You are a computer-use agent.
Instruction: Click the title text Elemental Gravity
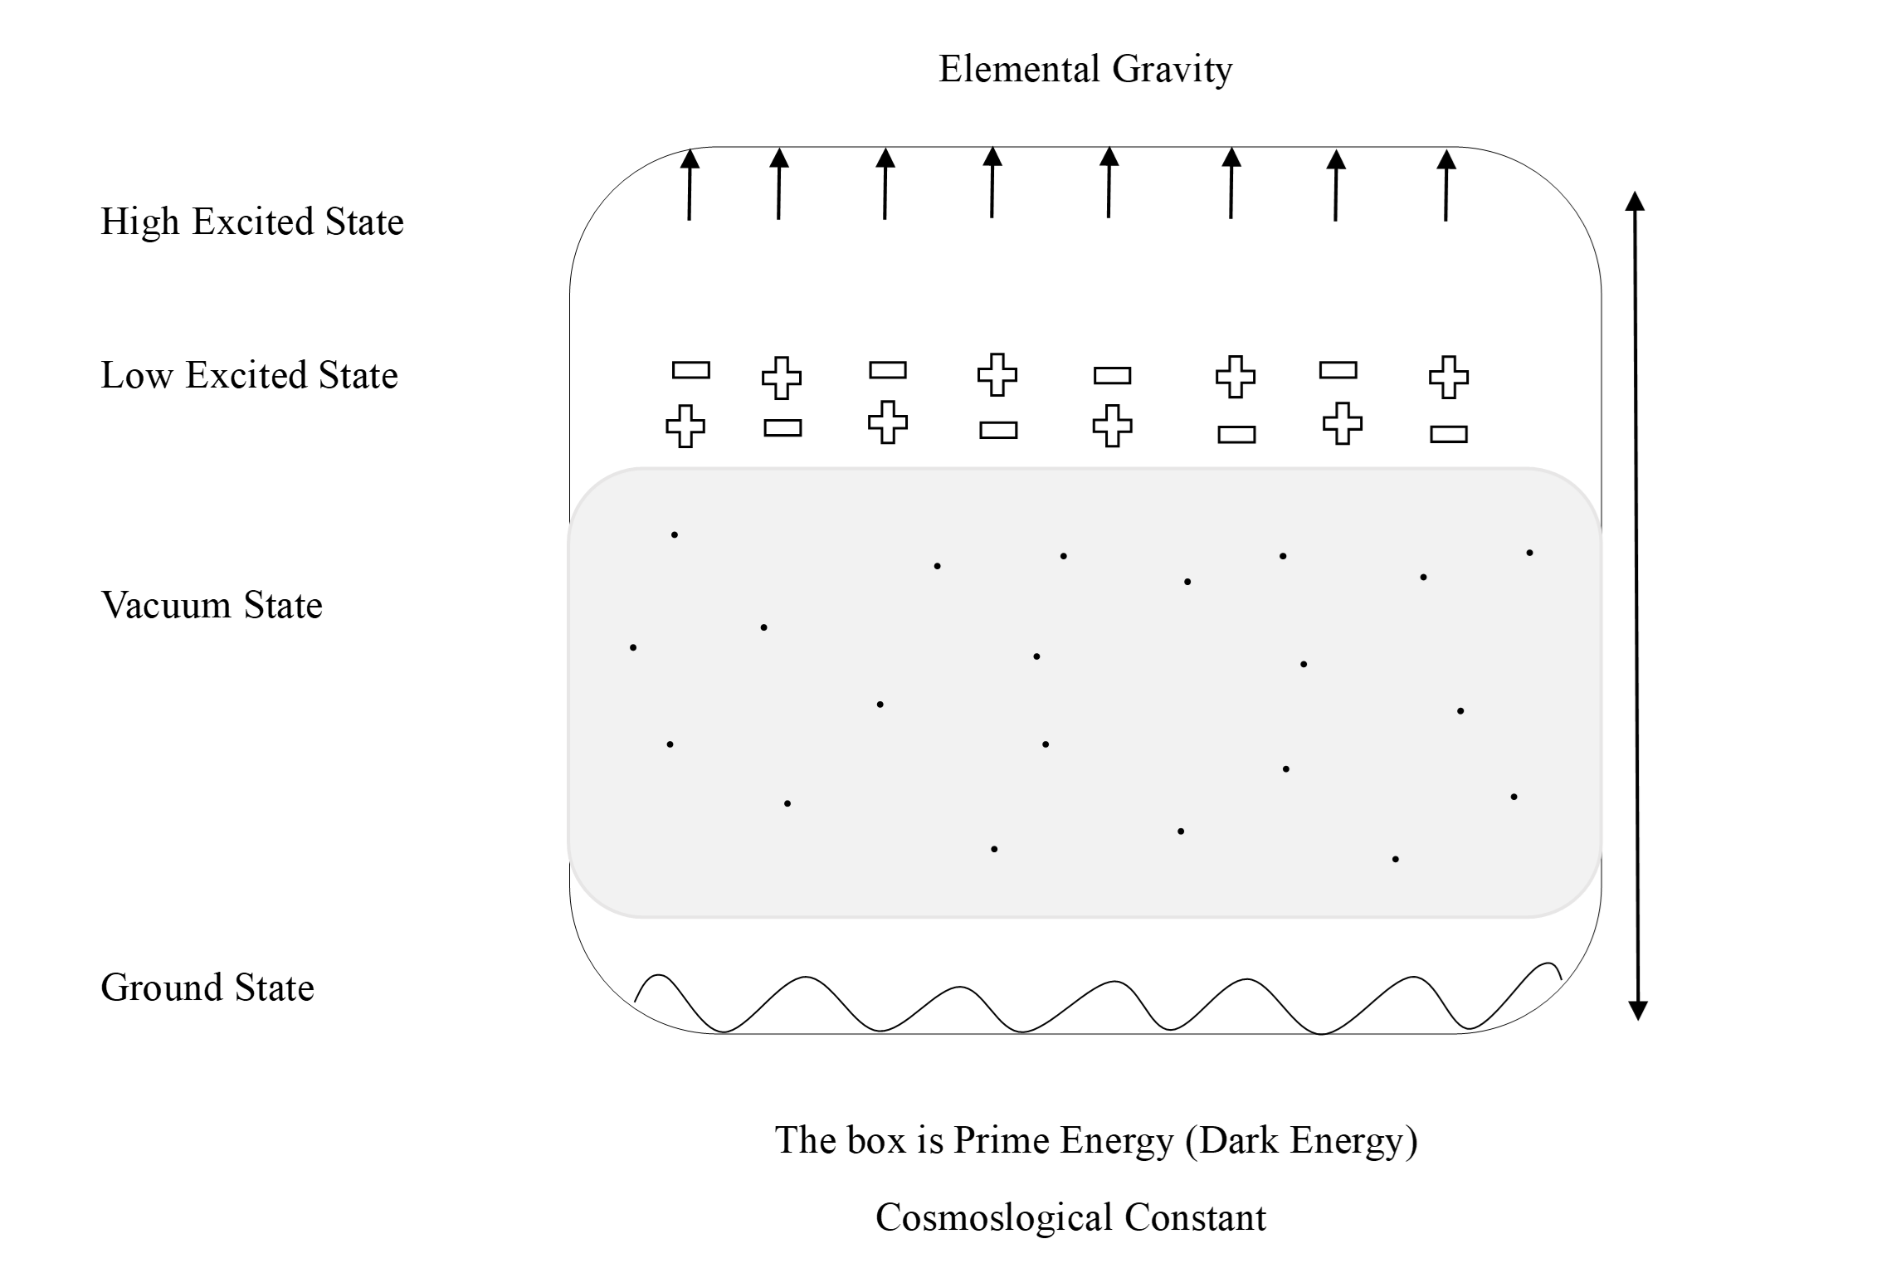pos(1085,69)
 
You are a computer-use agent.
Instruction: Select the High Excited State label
pos(252,222)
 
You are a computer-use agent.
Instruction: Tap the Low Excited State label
pos(249,375)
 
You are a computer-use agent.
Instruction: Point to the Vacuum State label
pos(212,605)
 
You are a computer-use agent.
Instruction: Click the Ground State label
pos(207,988)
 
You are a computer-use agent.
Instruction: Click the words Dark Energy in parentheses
pos(1301,1140)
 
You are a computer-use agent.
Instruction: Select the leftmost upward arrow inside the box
pos(690,184)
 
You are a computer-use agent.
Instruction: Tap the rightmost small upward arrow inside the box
pos(1446,184)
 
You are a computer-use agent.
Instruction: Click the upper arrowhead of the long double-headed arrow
pos(1635,202)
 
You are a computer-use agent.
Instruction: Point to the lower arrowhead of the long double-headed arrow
pos(1637,1009)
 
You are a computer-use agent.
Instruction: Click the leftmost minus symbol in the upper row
pos(690,370)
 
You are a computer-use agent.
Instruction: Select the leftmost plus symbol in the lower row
pos(685,427)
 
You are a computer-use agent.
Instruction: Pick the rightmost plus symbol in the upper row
pos(1449,377)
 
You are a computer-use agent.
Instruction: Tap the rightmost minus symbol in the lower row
pos(1449,434)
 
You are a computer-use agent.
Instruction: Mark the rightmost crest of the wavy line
pos(1548,965)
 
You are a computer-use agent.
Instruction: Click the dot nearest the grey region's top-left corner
pos(675,535)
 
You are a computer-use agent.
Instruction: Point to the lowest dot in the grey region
pos(1396,860)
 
